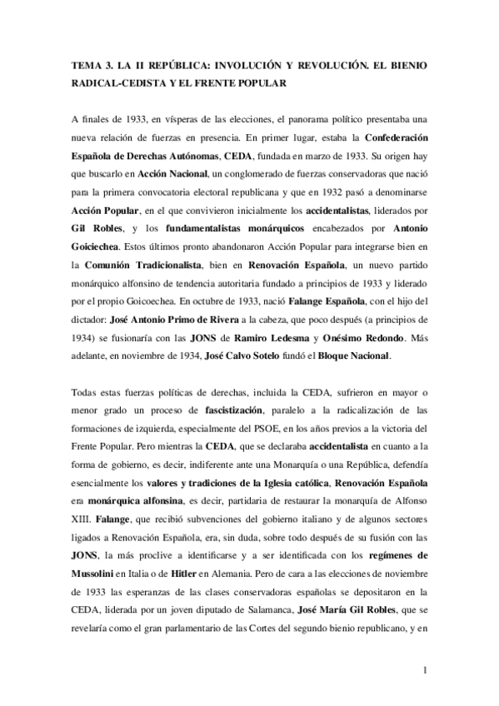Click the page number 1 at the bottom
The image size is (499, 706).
[425, 669]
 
